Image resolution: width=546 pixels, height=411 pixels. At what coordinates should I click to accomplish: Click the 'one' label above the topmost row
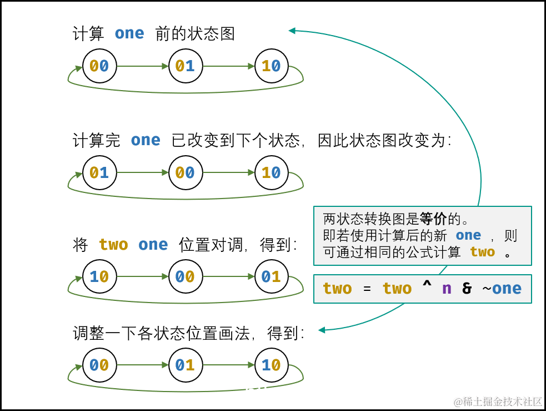click(x=129, y=33)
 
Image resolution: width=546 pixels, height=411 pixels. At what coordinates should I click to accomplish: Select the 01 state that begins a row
click(x=99, y=173)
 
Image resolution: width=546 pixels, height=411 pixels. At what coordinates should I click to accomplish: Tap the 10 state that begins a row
click(x=99, y=276)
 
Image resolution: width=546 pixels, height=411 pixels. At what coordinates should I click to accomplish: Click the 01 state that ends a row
click(x=271, y=276)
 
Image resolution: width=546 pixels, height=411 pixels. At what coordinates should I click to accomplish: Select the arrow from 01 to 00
click(x=142, y=172)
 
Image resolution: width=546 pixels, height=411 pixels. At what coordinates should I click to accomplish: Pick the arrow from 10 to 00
click(x=142, y=276)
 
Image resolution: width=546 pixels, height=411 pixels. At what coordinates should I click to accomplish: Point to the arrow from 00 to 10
click(x=228, y=172)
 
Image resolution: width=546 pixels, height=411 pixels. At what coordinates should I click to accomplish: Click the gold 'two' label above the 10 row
click(x=113, y=245)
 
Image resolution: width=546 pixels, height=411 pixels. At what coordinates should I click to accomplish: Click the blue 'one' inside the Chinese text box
click(x=468, y=235)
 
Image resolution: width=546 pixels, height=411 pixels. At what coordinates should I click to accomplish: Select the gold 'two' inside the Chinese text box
click(x=482, y=252)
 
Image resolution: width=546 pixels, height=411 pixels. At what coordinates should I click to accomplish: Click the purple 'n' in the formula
click(x=447, y=289)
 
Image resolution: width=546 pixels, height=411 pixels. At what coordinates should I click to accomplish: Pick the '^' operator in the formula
click(x=427, y=288)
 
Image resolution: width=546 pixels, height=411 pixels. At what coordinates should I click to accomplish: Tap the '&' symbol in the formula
click(x=467, y=289)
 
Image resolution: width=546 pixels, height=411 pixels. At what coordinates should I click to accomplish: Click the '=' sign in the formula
click(x=367, y=289)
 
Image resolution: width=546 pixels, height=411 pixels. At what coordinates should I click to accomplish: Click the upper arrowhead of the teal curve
click(x=292, y=31)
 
